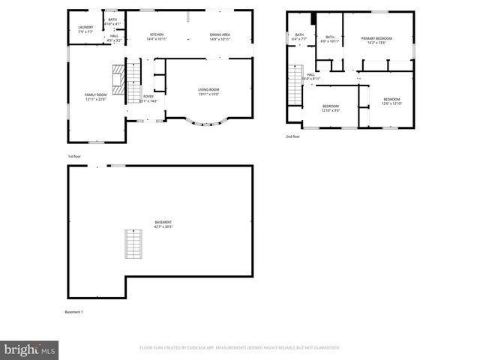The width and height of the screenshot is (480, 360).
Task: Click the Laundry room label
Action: (x=85, y=29)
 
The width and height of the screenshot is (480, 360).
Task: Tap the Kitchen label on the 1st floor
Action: (x=157, y=37)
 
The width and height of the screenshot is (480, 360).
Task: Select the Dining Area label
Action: (x=220, y=37)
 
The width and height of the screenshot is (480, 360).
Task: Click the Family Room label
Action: (x=95, y=97)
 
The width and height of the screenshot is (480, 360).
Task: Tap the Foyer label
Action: (x=149, y=98)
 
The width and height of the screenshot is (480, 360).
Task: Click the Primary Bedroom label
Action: (x=376, y=40)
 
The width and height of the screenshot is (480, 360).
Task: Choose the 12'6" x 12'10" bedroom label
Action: (x=391, y=102)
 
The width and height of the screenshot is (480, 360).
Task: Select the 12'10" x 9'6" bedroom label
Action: (x=331, y=109)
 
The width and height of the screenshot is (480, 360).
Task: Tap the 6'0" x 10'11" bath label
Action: (x=330, y=39)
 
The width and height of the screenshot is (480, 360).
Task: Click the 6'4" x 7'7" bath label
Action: (x=299, y=37)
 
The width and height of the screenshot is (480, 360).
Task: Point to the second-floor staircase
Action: (x=294, y=86)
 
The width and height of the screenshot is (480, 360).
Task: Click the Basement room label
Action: (x=163, y=224)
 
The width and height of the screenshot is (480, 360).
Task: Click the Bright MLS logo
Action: (x=30, y=349)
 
